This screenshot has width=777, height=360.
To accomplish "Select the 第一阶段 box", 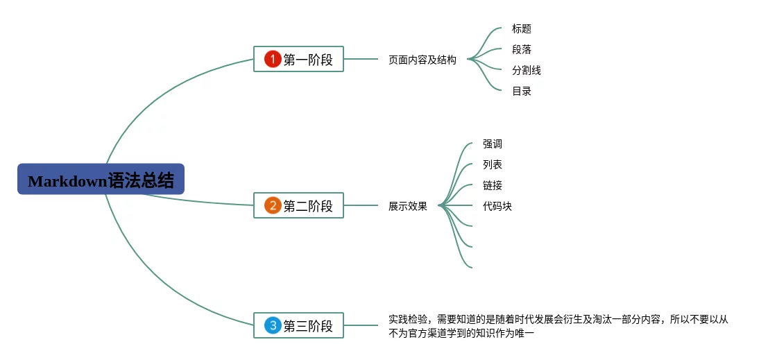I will [x=298, y=59].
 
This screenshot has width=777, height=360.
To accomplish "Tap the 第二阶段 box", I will [x=298, y=205].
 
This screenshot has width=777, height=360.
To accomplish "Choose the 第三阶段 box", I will [x=298, y=325].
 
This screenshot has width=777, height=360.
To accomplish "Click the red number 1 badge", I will [x=273, y=59].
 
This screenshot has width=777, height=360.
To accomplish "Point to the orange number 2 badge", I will [x=273, y=205].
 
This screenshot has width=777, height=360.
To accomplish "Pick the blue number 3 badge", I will [x=273, y=325].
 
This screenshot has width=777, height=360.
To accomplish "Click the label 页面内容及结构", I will [x=422, y=60].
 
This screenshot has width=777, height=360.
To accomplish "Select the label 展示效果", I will [x=408, y=206].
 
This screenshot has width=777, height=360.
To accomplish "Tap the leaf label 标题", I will [x=522, y=29].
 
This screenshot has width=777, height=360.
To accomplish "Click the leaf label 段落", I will [x=522, y=50].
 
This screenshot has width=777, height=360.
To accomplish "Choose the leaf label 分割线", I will [x=527, y=70].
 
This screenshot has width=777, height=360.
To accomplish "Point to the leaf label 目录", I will [x=522, y=91].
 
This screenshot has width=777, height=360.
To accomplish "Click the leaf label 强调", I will [x=493, y=144].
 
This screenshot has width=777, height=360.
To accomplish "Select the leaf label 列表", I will [x=493, y=165].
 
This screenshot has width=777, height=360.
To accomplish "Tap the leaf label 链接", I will [x=493, y=186].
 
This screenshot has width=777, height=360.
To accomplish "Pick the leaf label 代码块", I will [x=497, y=206].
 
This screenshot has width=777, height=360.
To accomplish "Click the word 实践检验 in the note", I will [x=408, y=320].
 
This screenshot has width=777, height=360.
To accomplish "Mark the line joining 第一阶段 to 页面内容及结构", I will [x=361, y=59].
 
